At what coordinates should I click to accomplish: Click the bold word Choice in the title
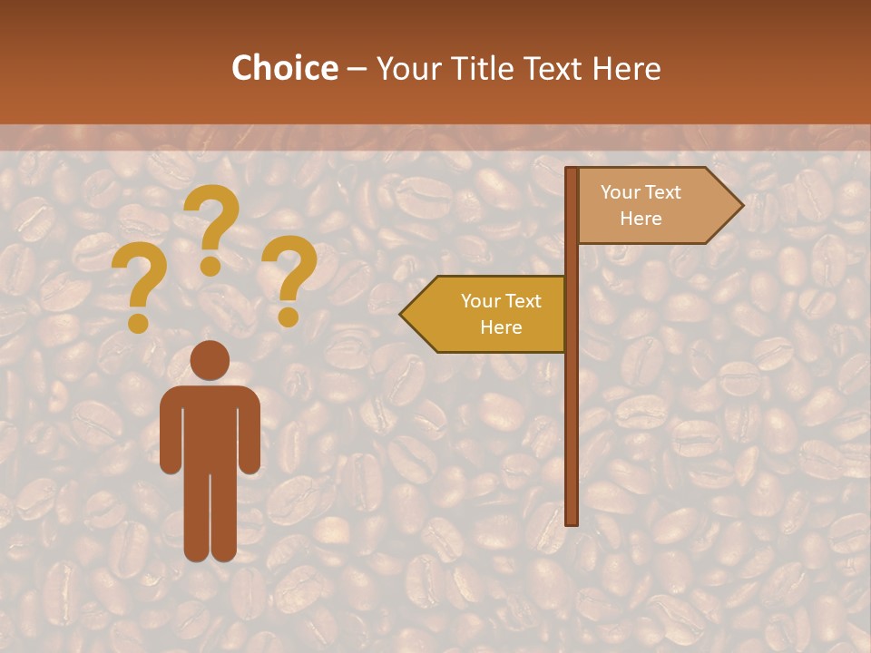coord(284,68)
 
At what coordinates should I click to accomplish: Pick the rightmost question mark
coord(289,277)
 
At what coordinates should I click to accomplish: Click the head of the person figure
coord(210,360)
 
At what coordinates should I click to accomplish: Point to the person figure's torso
coord(210,426)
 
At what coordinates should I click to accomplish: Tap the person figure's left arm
coord(169,435)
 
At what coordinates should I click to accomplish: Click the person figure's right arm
coord(251,435)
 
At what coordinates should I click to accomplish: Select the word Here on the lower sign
coord(501,327)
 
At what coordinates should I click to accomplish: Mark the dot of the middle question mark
coord(210,266)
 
